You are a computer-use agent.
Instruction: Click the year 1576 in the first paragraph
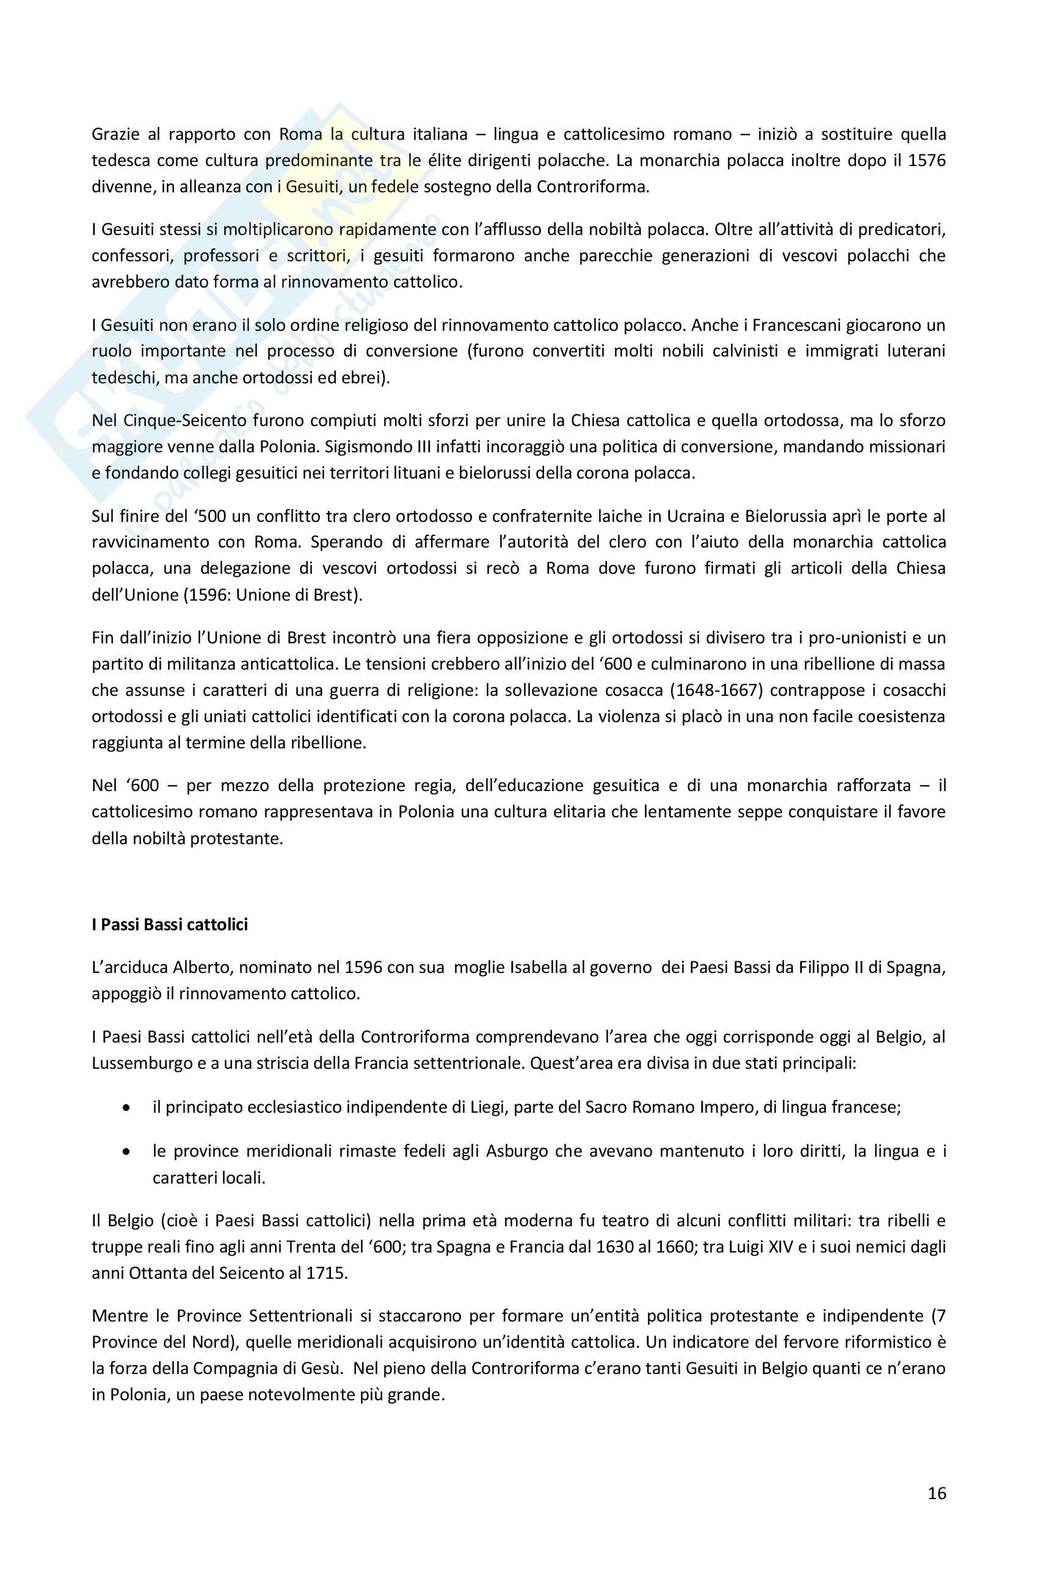pyautogui.click(x=926, y=161)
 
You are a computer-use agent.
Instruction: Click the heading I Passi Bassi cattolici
pyautogui.click(x=170, y=924)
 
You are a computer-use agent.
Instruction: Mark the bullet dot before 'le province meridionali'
pyautogui.click(x=126, y=1152)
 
